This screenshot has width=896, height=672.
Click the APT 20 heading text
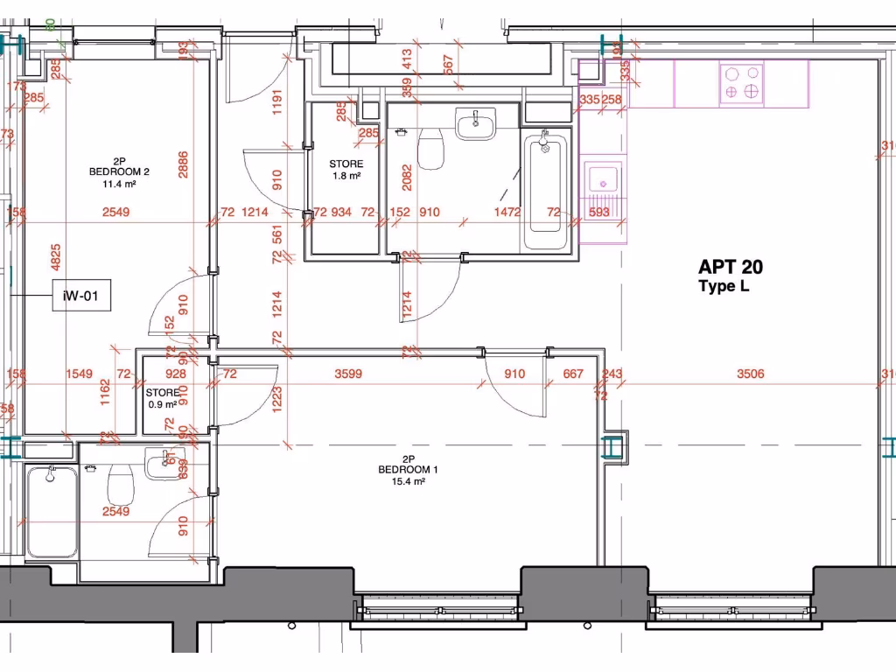730,268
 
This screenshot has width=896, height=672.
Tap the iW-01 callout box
81,297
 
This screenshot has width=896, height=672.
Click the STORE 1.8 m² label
346,169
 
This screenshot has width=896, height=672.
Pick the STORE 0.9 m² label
162,398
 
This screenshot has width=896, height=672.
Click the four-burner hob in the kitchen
740,83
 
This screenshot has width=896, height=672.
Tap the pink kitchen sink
601,183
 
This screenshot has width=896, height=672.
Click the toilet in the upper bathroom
430,149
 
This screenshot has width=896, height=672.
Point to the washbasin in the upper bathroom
475,123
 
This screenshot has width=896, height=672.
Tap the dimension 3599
349,374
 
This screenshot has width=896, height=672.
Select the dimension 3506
750,374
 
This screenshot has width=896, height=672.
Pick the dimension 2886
183,164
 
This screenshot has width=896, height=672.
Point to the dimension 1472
507,213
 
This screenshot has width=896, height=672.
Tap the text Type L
723,287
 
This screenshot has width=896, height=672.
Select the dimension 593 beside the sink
599,213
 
